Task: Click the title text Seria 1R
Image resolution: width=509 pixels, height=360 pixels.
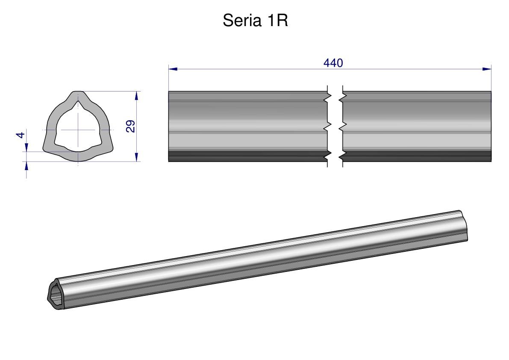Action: pyautogui.click(x=255, y=21)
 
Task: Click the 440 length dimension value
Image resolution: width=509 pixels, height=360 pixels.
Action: pyautogui.click(x=333, y=63)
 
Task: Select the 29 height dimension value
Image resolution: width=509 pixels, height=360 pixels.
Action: pyautogui.click(x=130, y=126)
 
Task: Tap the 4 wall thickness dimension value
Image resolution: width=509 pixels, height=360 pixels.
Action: pyautogui.click(x=21, y=135)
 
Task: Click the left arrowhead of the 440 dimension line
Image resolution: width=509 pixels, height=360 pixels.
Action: pyautogui.click(x=173, y=69)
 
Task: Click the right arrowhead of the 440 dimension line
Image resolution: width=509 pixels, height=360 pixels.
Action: pyautogui.click(x=487, y=69)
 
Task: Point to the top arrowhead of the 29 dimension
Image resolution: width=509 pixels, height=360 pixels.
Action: pyautogui.click(x=136, y=96)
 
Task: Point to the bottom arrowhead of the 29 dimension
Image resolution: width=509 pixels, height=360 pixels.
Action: pyautogui.click(x=136, y=157)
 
